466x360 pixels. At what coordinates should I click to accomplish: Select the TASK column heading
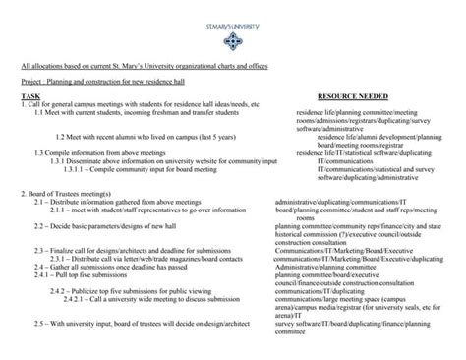(x=30, y=97)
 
